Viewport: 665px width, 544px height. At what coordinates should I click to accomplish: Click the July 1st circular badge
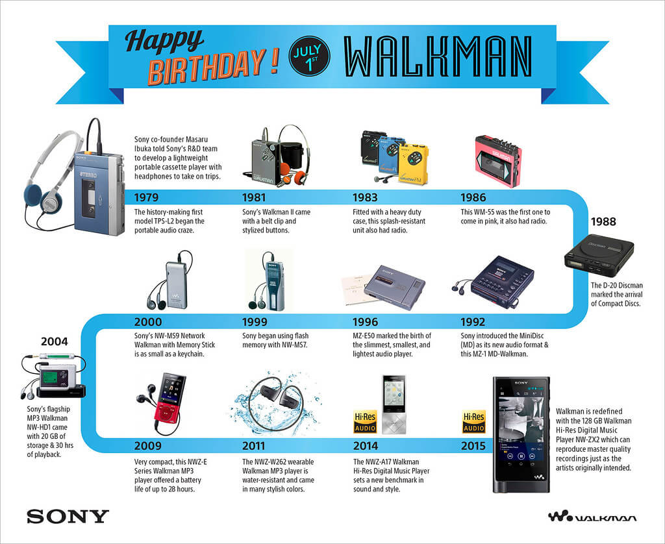point(310,55)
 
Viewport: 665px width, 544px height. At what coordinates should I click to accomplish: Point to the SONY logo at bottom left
point(68,517)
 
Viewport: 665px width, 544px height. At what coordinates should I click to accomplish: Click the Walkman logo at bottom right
point(592,517)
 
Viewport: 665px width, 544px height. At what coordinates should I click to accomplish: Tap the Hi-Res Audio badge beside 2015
point(474,422)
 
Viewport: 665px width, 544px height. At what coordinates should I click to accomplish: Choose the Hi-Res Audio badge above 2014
point(365,422)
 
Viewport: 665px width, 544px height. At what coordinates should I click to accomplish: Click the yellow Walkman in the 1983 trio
point(413,164)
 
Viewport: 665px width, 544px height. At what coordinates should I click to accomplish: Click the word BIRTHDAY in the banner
point(208,69)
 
